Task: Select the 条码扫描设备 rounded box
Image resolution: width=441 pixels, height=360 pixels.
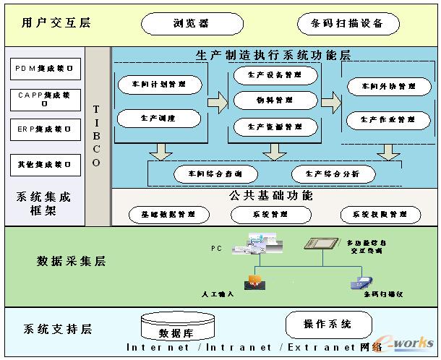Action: tap(348, 24)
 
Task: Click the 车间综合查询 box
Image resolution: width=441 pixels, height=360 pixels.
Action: tap(213, 174)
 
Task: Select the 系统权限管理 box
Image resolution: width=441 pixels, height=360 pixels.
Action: tap(380, 215)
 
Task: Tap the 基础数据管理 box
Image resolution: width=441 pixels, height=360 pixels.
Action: tap(169, 215)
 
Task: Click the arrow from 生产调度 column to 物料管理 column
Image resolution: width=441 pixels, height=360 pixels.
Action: tap(217, 103)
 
